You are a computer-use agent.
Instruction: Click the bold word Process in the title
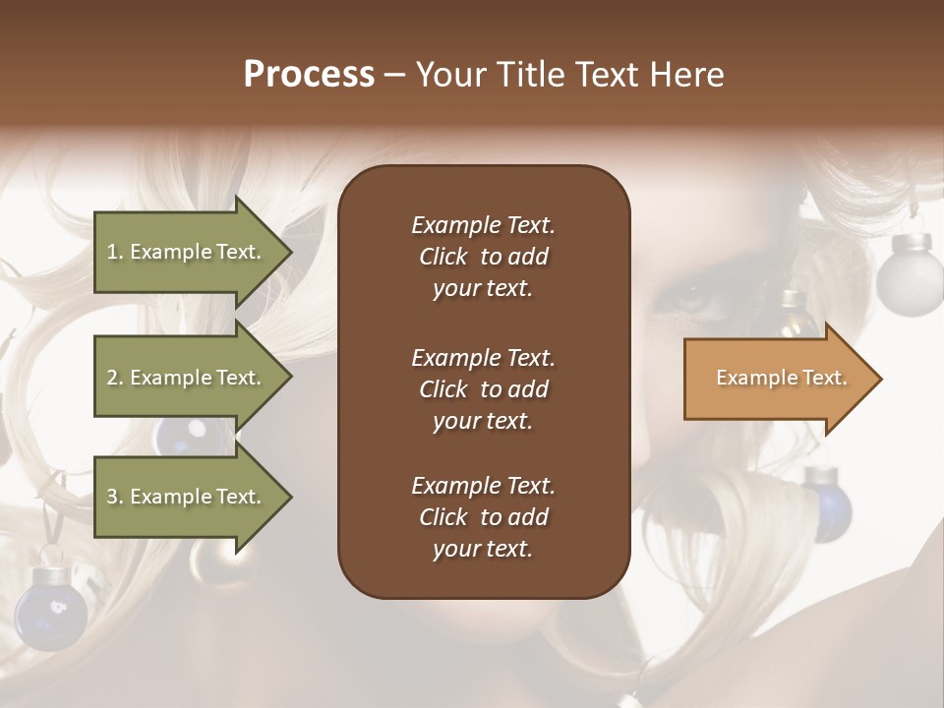coord(309,75)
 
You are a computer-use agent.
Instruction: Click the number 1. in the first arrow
coord(115,252)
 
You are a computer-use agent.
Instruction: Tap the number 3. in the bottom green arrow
coord(115,497)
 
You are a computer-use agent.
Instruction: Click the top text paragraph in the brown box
coord(483,257)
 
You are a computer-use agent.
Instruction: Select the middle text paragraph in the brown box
coord(483,389)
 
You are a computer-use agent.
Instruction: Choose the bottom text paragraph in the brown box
coord(483,517)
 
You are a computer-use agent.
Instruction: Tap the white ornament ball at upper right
coord(910,275)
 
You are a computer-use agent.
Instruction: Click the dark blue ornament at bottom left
coord(49,610)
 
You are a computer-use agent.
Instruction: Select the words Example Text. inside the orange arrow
coord(782,378)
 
